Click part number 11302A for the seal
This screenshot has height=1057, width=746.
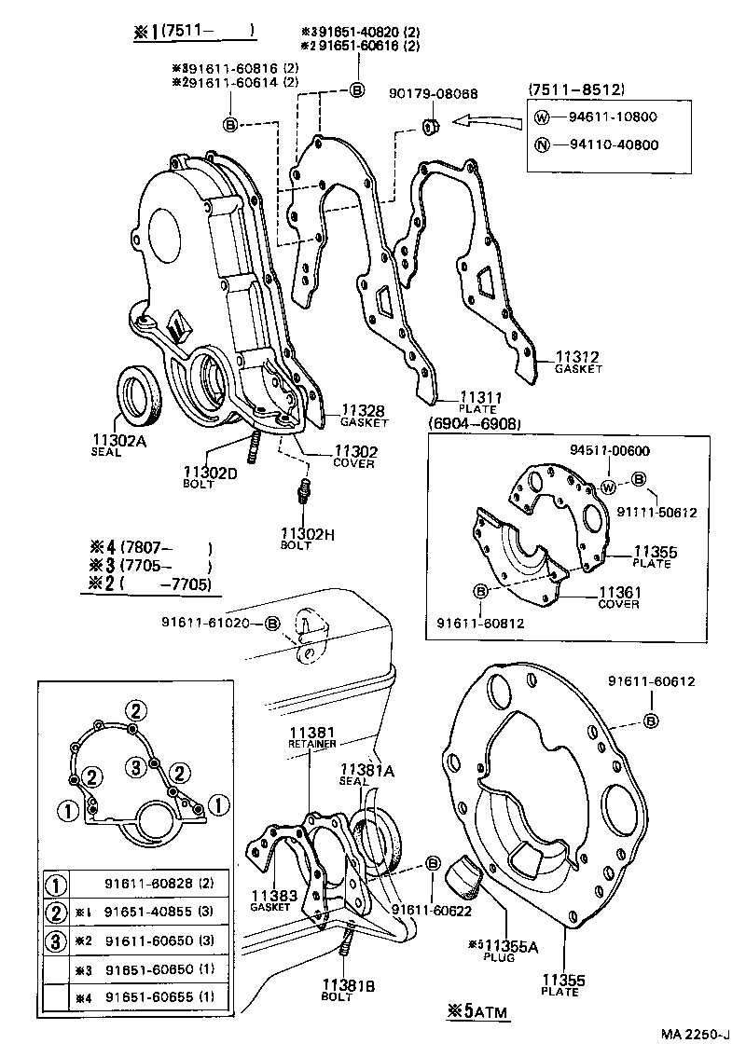pos(119,441)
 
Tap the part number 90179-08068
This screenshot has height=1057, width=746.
pos(435,94)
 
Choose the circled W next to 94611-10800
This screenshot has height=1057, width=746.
pos(541,117)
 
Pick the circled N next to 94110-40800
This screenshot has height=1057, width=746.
pos(541,144)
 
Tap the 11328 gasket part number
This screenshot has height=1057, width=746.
pos(364,410)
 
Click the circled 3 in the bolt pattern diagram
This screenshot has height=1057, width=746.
pos(136,768)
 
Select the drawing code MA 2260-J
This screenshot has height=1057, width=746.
pos(699,1035)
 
